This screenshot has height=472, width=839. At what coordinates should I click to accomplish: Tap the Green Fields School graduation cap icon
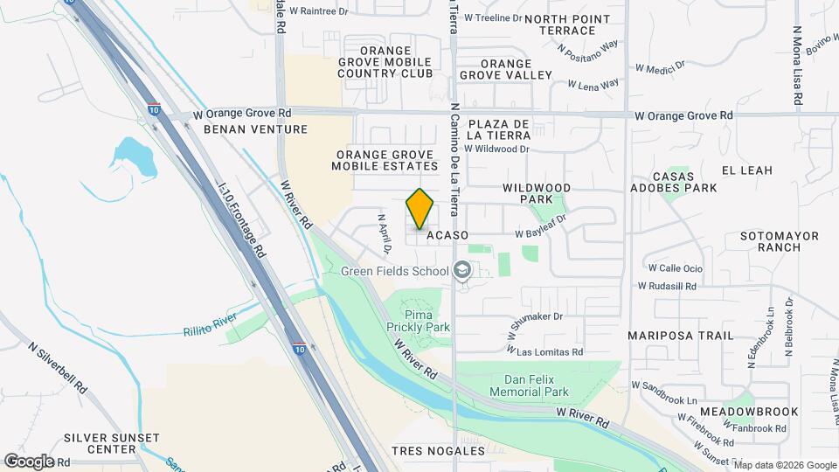461,271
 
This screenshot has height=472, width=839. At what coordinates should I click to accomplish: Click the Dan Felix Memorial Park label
537,385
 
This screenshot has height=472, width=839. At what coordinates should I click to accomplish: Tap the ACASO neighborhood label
447,235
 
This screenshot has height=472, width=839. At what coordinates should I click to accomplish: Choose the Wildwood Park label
537,193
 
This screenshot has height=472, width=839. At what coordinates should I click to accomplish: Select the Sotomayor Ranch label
766,241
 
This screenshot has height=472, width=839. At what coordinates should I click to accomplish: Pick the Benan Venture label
255,129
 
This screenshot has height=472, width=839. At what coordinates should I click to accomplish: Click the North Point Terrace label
560,24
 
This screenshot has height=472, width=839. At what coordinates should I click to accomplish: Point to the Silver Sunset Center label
111,443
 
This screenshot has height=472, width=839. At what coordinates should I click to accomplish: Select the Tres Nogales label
438,451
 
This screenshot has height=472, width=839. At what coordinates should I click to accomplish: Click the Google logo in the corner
29,461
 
